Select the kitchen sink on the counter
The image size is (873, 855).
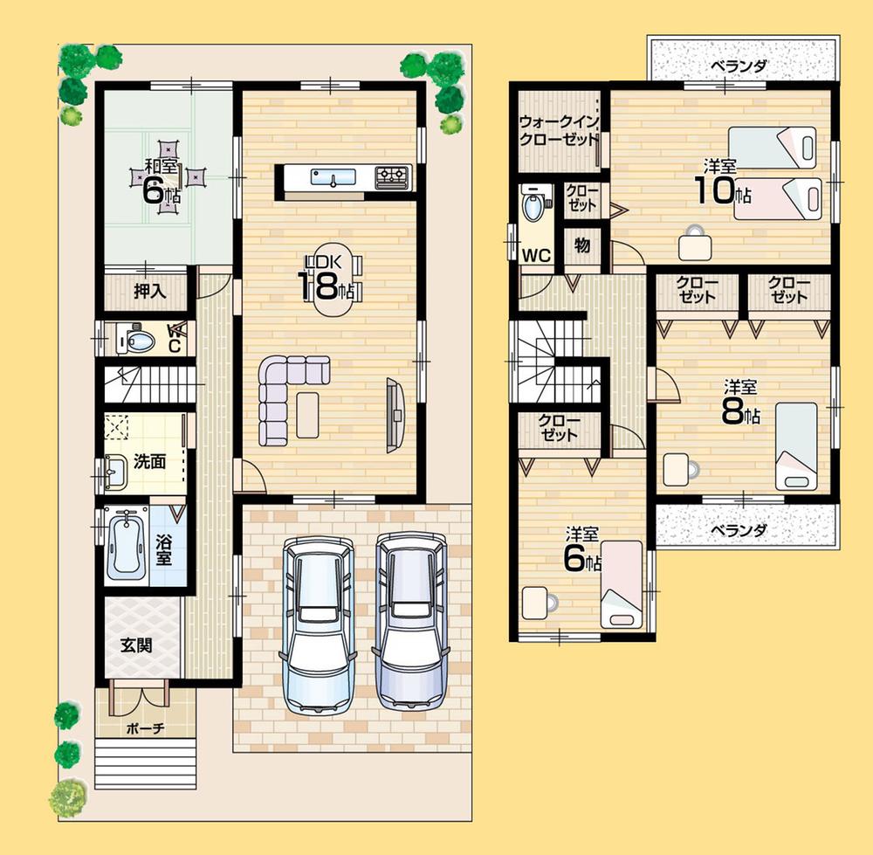coord(333,177)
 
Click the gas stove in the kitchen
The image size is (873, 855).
coord(392,176)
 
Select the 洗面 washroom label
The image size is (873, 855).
coord(149,462)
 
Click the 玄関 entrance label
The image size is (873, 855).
coord(136,645)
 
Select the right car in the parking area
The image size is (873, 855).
coord(410,620)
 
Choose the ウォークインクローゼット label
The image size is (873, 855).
coord(559,130)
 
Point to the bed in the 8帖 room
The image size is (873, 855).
coord(795,445)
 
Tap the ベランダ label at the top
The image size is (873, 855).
coord(737,65)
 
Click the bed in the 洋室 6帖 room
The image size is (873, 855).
coord(621,583)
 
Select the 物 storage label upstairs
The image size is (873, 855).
coord(582,245)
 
